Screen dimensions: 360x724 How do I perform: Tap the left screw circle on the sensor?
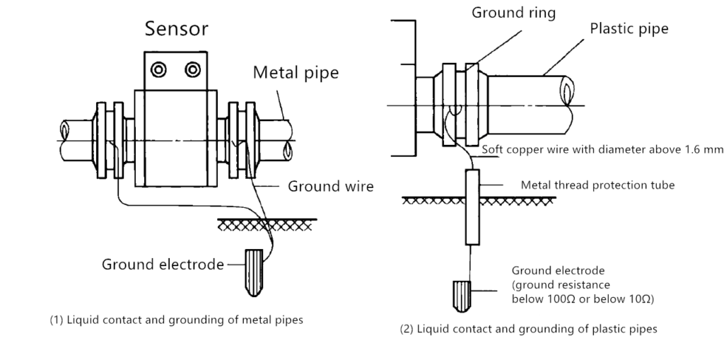pos(158,69)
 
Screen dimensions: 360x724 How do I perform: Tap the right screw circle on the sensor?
pos(192,69)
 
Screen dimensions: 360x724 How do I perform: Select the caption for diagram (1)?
pos(176,320)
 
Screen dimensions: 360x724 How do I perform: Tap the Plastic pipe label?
pos(629,29)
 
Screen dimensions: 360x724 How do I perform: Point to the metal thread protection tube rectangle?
pos(472,206)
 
